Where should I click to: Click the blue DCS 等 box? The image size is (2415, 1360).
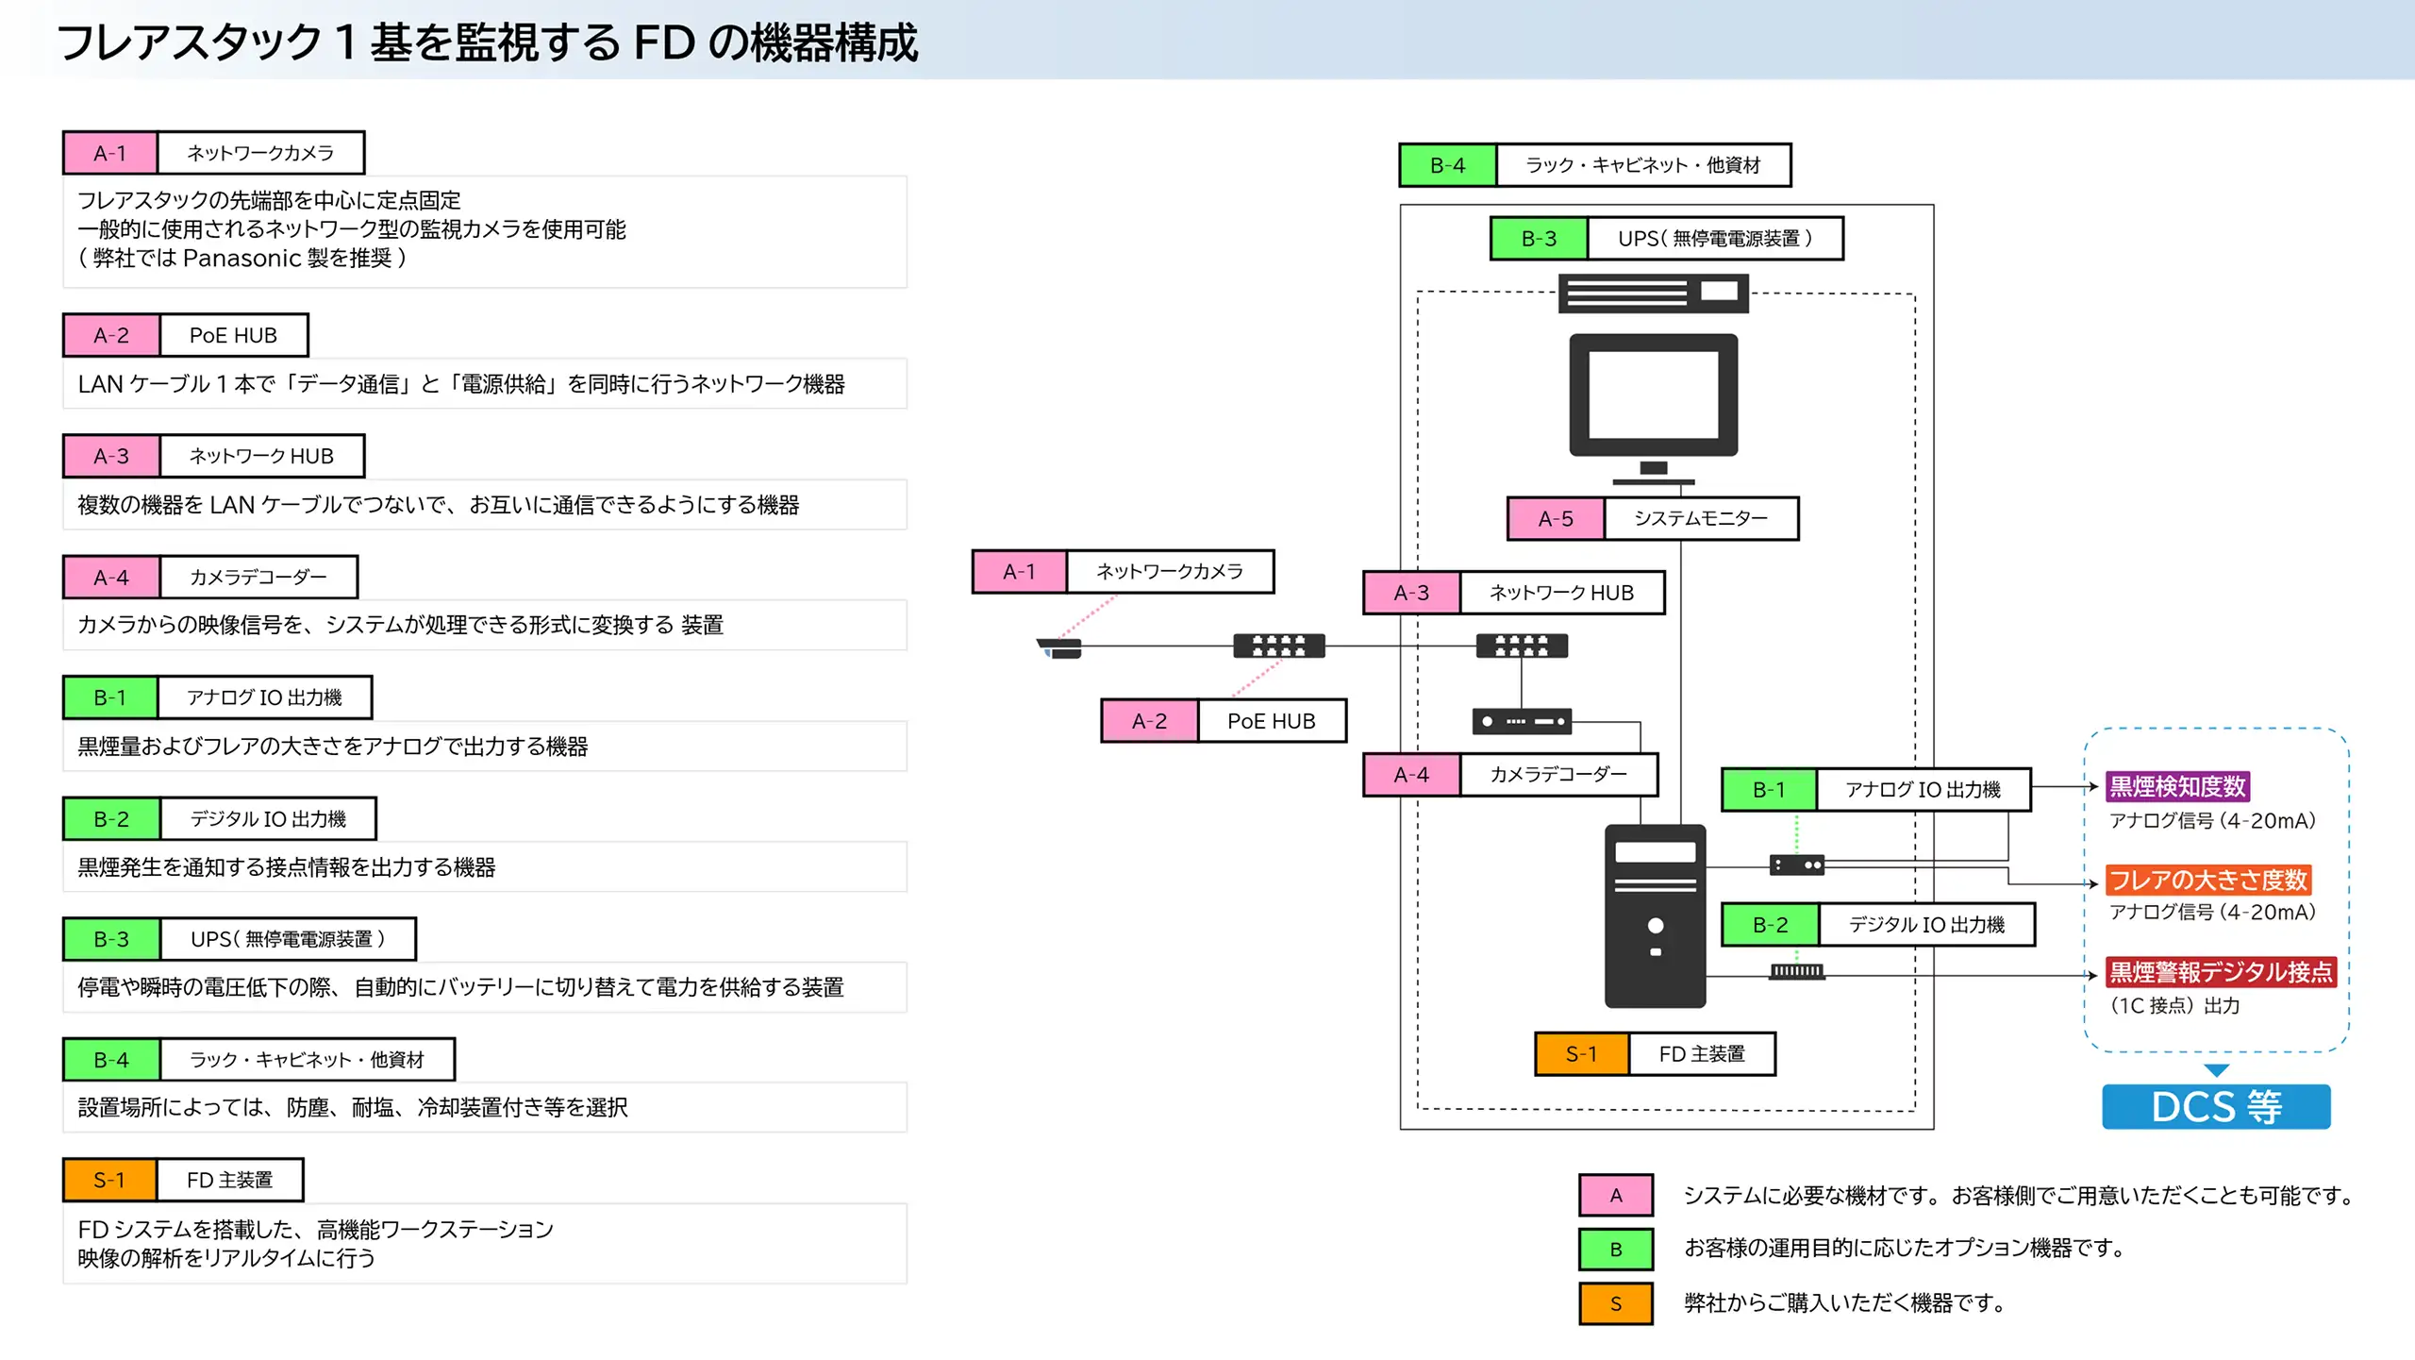click(2215, 1106)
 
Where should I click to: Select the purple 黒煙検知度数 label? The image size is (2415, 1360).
click(2177, 786)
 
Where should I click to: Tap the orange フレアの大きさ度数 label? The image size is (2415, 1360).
click(2207, 880)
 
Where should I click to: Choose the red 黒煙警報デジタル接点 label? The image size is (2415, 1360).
click(2221, 972)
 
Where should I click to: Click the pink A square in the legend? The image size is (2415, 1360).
click(1615, 1195)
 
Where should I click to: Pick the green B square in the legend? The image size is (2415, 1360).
click(1615, 1249)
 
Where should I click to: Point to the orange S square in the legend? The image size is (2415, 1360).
click(1615, 1303)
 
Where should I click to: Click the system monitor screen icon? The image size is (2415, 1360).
click(1653, 396)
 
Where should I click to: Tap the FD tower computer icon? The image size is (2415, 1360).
click(1655, 915)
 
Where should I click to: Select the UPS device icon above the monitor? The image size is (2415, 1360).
click(1653, 293)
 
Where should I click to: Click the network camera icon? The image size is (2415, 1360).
click(1060, 647)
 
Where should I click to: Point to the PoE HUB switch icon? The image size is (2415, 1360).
click(1278, 646)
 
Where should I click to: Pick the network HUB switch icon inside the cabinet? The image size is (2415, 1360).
click(1521, 646)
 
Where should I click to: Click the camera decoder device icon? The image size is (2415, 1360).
click(1521, 721)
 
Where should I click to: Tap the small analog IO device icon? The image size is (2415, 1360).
click(1796, 865)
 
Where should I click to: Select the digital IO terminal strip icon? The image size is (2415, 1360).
click(1796, 971)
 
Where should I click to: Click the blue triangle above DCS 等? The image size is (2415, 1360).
click(2216, 1070)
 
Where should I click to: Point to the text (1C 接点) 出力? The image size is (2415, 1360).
click(2173, 1005)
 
